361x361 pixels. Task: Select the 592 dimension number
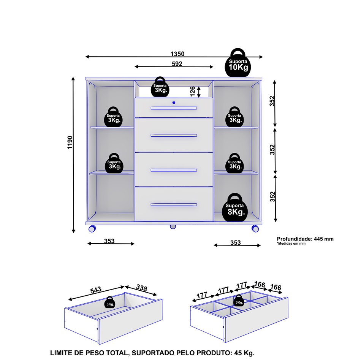[177, 63]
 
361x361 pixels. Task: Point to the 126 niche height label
[193, 91]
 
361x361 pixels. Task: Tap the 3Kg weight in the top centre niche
[160, 88]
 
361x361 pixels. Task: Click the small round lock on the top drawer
[174, 102]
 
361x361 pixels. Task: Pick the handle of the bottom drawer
[174, 205]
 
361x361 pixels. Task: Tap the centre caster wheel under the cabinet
[173, 227]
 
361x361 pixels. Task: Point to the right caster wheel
[255, 229]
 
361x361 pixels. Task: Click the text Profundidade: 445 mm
[305, 239]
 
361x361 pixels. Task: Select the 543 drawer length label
[96, 290]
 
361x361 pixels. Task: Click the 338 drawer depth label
[141, 288]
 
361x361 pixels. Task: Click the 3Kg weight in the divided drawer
[239, 301]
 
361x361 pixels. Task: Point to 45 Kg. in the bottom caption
[249, 353]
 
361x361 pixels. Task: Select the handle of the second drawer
[174, 135]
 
